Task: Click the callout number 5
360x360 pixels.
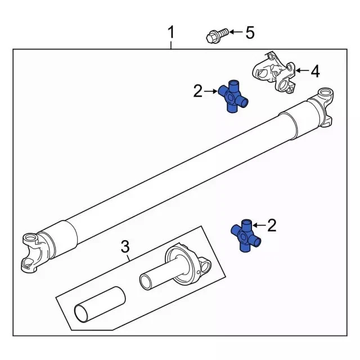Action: tap(249, 33)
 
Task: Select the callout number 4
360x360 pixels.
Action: tap(314, 71)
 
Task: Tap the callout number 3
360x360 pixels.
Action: tap(125, 246)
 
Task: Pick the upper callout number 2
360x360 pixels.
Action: tap(197, 91)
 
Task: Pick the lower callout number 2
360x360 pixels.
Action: tap(272, 226)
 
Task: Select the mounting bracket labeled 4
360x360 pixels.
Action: tap(275, 72)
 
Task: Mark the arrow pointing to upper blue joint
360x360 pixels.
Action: tap(211, 91)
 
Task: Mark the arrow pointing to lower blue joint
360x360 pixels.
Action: tap(259, 226)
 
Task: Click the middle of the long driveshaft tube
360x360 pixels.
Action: tap(180, 172)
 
